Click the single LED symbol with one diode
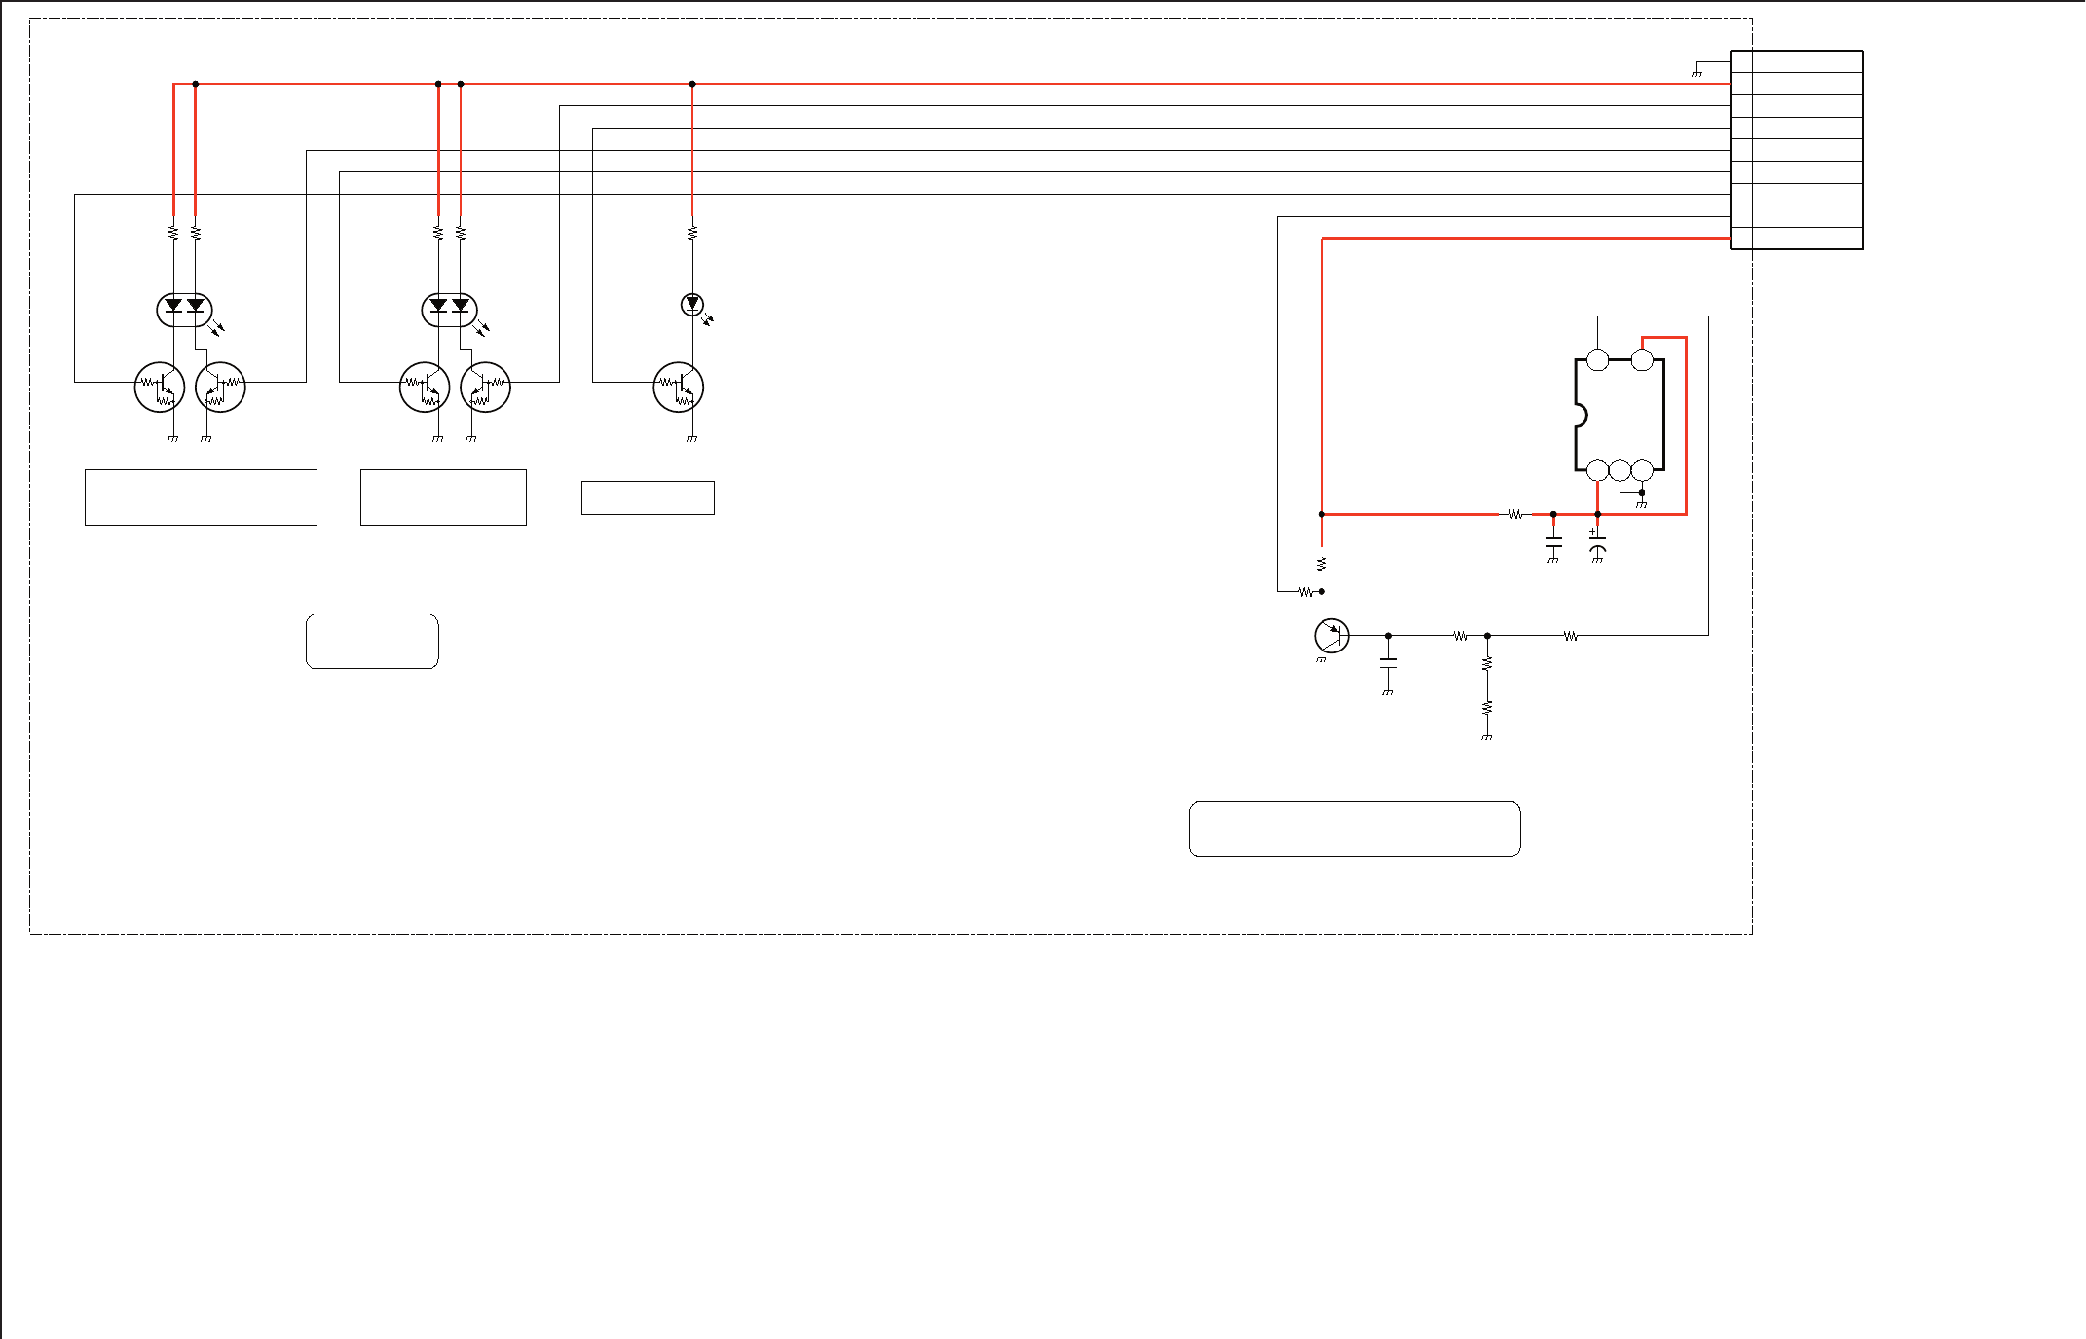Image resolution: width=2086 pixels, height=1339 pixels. coord(692,305)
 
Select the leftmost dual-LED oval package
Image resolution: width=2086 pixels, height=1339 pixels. coord(184,310)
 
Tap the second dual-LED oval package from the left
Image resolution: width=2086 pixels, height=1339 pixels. coord(449,310)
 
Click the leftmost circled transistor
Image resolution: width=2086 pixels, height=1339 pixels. coord(160,388)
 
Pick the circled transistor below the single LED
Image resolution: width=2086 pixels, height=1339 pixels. coord(679,388)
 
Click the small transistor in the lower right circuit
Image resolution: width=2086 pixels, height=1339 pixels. coord(1331,636)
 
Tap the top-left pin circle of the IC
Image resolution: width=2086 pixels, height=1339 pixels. coord(1597,360)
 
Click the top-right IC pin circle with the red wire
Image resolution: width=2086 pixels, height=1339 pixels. coord(1642,360)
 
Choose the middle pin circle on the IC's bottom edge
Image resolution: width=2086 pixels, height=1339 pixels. coord(1620,470)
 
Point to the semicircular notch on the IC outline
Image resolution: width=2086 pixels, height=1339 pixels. coord(1580,416)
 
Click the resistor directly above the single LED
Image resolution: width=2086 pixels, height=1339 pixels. coord(692,233)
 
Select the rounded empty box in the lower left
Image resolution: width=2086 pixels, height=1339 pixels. coord(372,641)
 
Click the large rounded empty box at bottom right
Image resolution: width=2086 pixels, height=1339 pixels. coord(1355,829)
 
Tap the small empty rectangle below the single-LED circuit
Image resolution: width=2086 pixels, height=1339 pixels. coord(648,498)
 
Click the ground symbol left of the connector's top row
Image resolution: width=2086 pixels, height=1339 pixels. coord(1696,73)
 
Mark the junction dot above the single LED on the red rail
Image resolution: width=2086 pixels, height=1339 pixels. coord(692,84)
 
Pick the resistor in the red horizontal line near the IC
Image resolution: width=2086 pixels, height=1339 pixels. coord(1514,514)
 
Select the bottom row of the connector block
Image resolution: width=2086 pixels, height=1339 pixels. coord(1797,239)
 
